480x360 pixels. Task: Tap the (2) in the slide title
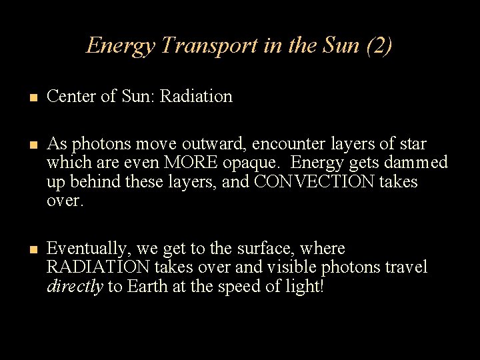pos(379,45)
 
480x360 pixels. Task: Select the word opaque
pos(257,163)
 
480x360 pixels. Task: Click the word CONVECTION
pos(314,182)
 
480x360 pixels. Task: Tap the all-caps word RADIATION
pos(98,267)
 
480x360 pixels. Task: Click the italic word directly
pos(75,287)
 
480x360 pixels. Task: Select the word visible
pos(291,267)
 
